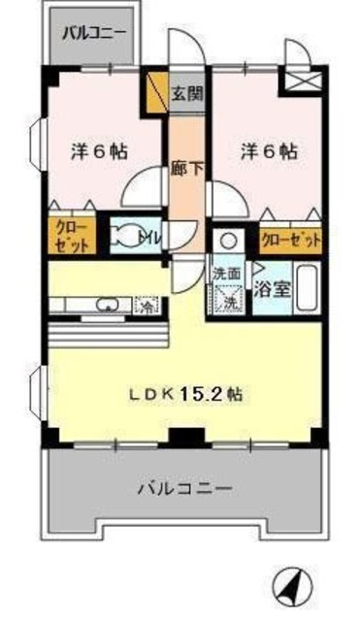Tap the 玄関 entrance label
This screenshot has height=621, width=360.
[186, 94]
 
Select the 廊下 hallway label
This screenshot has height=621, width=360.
[186, 167]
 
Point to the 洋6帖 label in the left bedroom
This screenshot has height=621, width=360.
[100, 152]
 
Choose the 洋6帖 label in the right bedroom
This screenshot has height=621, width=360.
[268, 151]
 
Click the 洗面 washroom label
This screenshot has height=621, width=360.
[227, 275]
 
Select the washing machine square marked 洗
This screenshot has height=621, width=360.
[229, 301]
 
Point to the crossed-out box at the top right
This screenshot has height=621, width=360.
[302, 81]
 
